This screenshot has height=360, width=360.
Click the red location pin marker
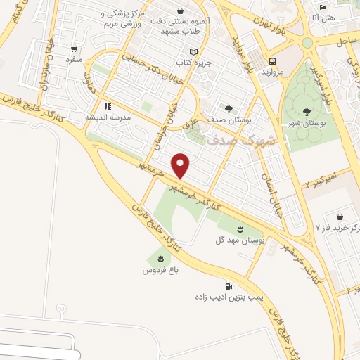[x=181, y=165]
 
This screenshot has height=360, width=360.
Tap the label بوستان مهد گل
[x=241, y=240]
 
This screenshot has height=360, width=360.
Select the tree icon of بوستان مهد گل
[x=240, y=229]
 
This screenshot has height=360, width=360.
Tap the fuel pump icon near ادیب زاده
[x=229, y=286]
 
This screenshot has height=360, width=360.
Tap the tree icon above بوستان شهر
[x=306, y=111]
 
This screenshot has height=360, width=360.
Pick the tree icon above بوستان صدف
[x=229, y=108]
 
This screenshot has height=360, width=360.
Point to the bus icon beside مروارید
[x=271, y=60]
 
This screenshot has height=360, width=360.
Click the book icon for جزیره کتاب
[x=195, y=53]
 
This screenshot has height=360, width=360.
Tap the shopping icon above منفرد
[x=74, y=50]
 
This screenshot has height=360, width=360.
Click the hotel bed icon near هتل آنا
[x=323, y=6]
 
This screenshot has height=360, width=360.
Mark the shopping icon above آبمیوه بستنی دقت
[x=182, y=11]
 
